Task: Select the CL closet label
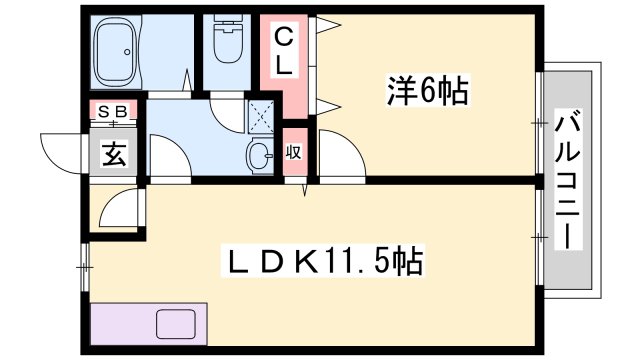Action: pyautogui.click(x=284, y=52)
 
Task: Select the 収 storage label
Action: pyautogui.click(x=294, y=153)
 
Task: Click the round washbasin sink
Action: pyautogui.click(x=258, y=157)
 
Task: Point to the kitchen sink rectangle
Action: pyautogui.click(x=178, y=327)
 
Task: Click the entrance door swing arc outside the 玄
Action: pyautogui.click(x=67, y=150)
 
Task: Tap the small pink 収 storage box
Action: pyautogui.click(x=294, y=152)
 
